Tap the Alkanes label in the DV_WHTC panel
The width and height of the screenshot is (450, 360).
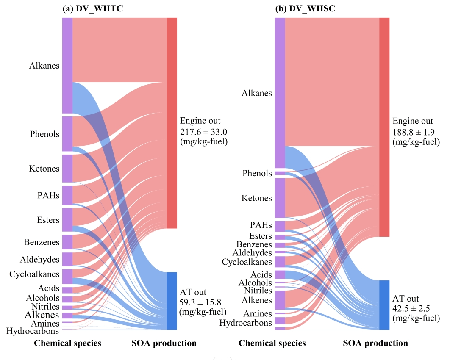[44, 66]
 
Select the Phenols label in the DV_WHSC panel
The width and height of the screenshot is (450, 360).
[257, 173]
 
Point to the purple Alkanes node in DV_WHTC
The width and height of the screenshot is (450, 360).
[67, 66]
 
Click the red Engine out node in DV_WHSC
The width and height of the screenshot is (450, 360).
[384, 127]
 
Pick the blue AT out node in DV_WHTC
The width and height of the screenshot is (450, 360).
[172, 301]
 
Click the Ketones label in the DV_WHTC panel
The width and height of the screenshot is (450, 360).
[44, 169]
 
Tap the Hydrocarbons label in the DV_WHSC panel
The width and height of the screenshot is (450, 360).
[245, 323]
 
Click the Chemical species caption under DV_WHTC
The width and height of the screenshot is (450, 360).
[67, 343]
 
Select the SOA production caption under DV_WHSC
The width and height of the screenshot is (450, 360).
[375, 343]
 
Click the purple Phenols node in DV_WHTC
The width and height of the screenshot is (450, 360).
[67, 134]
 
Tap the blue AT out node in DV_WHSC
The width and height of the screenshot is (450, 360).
[384, 305]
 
